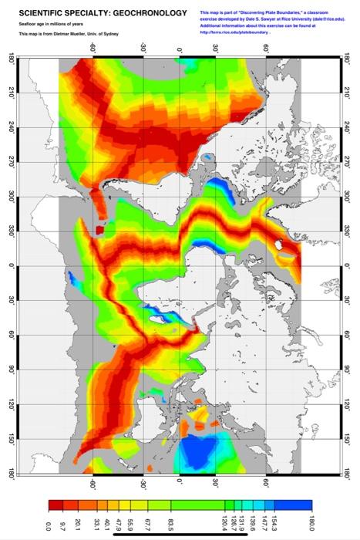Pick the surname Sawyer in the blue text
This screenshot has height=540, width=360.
(267, 19)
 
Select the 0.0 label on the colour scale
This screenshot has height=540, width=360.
(48, 525)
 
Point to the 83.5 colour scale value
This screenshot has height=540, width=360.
(170, 525)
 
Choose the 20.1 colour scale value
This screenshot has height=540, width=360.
(77, 525)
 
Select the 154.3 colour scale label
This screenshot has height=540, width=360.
(274, 525)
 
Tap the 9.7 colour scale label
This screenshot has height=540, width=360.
(62, 525)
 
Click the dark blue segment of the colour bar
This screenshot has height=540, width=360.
(297, 505)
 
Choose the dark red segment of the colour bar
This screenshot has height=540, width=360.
(55, 505)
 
